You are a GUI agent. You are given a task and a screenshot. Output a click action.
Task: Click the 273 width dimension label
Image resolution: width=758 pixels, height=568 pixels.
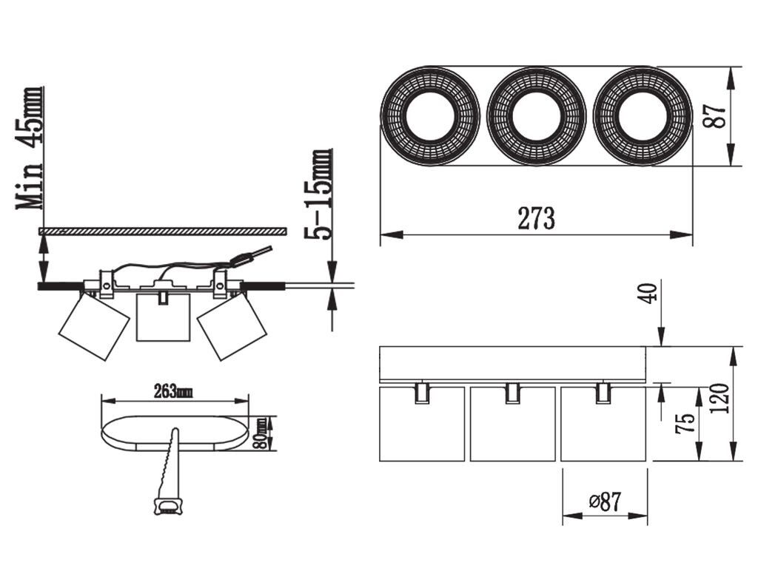pos(536,218)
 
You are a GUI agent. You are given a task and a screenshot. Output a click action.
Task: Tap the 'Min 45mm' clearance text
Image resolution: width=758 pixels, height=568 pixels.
pos(30,148)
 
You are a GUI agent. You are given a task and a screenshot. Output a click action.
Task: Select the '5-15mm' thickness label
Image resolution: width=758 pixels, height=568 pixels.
pos(318,195)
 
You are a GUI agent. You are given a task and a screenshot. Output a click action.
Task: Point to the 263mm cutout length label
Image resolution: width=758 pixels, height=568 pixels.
pos(173,392)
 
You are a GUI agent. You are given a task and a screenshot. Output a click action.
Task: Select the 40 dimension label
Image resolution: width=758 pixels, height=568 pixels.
pos(648,293)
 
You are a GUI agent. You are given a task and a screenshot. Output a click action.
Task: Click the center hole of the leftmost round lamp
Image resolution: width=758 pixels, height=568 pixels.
pos(430,116)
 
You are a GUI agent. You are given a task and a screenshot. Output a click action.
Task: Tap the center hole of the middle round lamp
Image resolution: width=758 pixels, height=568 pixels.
pos(536,116)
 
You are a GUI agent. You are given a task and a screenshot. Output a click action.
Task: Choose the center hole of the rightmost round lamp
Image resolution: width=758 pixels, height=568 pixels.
pos(643,116)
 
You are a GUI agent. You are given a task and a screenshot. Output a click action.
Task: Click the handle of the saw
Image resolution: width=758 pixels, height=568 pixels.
pos(168,507)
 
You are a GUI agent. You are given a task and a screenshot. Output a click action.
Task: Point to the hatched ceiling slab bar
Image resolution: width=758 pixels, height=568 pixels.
pos(162,231)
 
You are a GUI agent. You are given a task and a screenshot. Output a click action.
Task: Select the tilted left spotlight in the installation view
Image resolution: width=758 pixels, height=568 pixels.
pos(94,326)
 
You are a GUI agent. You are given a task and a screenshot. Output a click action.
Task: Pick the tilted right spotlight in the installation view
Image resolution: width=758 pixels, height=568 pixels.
pos(232,326)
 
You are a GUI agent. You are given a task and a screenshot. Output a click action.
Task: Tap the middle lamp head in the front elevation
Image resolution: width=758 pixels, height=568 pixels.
pos(512,424)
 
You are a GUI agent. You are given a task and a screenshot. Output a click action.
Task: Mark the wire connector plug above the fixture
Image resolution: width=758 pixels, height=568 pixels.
pos(240,261)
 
